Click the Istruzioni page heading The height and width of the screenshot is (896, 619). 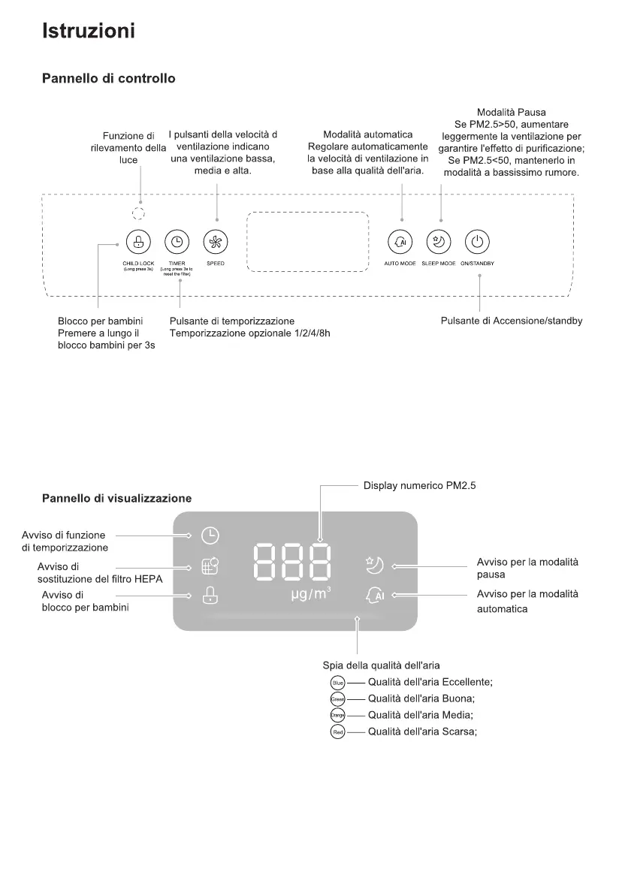(89, 32)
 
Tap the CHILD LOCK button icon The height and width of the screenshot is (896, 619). (137, 242)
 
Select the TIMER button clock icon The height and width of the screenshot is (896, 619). (177, 242)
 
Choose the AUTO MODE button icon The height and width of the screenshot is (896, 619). (400, 242)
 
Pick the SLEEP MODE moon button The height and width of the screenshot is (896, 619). (439, 242)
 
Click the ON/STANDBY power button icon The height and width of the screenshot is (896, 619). (478, 242)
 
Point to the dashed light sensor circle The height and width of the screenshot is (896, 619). (137, 212)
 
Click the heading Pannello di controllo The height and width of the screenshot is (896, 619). (109, 78)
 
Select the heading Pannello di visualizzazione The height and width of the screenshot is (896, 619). (116, 498)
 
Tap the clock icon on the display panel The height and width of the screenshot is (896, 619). (210, 535)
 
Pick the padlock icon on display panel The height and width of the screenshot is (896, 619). (210, 596)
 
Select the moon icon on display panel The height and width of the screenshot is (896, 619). (375, 564)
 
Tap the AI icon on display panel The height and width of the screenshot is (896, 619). (375, 595)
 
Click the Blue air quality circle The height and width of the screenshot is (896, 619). (337, 683)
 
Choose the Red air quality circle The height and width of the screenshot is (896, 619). (337, 732)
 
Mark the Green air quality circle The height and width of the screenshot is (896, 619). (337, 698)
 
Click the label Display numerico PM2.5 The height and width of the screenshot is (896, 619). (419, 486)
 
